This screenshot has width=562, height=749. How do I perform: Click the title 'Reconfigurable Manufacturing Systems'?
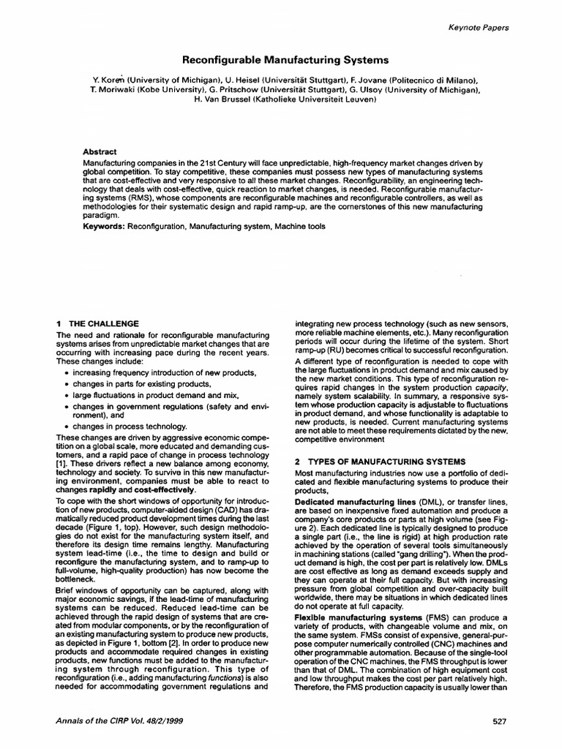(281, 60)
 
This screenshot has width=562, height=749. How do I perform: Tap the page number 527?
(500, 722)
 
